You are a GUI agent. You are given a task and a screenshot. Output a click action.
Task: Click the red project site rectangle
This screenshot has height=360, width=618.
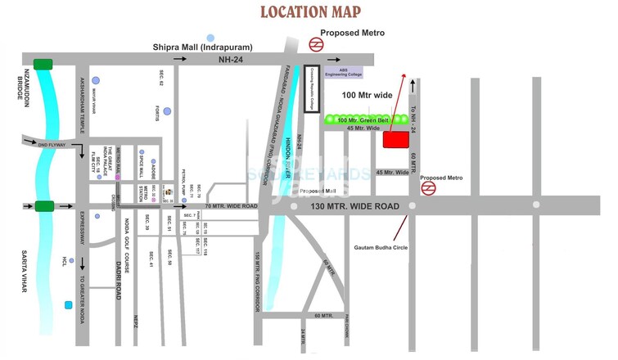pyautogui.click(x=396, y=139)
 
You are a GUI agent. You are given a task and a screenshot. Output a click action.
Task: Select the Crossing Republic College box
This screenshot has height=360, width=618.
pyautogui.click(x=310, y=88)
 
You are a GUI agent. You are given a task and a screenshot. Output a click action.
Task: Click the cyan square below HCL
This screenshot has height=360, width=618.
pyautogui.click(x=68, y=305)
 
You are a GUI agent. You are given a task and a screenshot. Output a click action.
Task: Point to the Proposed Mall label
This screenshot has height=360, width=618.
pyautogui.click(x=317, y=191)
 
